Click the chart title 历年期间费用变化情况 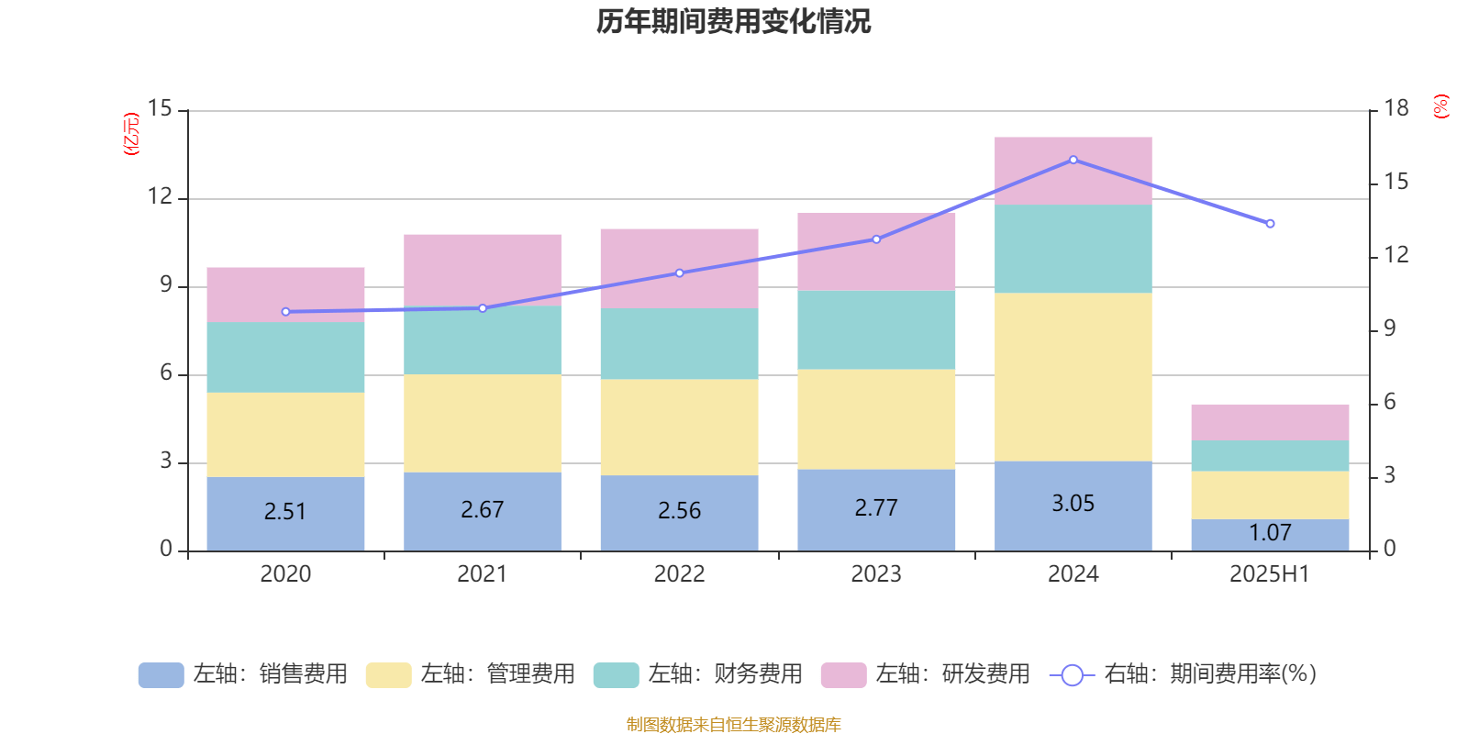pos(733,21)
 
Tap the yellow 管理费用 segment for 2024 pos(1073,377)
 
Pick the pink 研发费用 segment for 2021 pos(483,269)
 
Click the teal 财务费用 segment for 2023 pos(876,329)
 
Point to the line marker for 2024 pos(1073,160)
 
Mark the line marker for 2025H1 pos(1270,224)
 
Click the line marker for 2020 pos(285,312)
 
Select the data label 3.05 pos(1073,504)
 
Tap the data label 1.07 pos(1270,533)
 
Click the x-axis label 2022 pos(679,574)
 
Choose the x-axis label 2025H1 pos(1270,574)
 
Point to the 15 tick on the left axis pos(160,109)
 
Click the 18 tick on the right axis pos(1396,109)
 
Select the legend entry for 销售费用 pos(243,674)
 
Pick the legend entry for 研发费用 pos(926,674)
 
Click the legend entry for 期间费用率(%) pos(1184,674)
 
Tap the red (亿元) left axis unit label pos(131,134)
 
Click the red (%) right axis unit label pos(1441,106)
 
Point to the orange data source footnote pos(733,725)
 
